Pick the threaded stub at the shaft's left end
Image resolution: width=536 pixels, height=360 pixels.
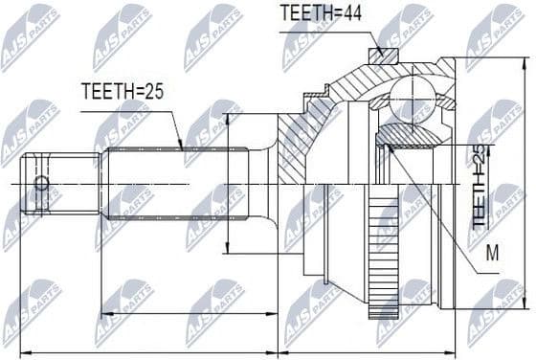point(62,183)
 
